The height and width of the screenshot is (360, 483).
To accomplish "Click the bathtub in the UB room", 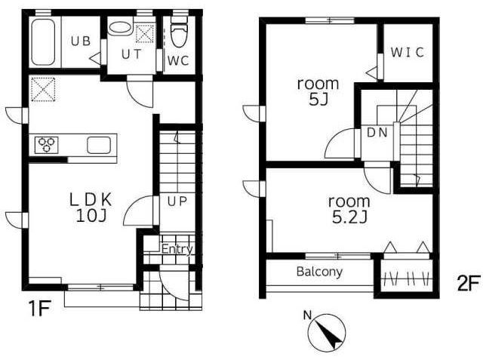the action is coord(43,42).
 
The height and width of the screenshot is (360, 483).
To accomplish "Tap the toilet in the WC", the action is coord(179,32).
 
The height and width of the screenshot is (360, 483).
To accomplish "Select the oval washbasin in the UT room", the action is coord(119,28).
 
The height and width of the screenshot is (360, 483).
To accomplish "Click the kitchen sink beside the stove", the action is coord(99,145).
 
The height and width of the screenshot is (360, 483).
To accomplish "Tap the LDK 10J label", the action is coord(91,208).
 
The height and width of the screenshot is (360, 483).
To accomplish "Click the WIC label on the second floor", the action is coord(408,52).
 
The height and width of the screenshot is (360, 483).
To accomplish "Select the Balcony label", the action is coord(319,272).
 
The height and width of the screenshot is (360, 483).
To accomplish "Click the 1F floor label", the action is coord(39,308).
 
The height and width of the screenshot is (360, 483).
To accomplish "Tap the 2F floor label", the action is coord(468,283).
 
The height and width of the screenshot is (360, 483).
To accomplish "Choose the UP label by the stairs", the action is coord(177,202).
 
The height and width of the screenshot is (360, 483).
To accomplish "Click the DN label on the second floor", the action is coord(377,133).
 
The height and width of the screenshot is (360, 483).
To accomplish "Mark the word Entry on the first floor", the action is coord(177,249).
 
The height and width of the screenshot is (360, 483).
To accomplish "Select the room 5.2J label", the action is coord(349,210).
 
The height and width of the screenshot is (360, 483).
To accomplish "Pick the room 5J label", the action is coord(318,91).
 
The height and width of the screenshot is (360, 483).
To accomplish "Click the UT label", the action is coord(131,54).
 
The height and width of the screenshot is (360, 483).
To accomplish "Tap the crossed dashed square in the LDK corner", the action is coord(43,89).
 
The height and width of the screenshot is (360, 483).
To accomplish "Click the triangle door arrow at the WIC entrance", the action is coord(372,72).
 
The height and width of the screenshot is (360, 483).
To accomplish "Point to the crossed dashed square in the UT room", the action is coord(145,33).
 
